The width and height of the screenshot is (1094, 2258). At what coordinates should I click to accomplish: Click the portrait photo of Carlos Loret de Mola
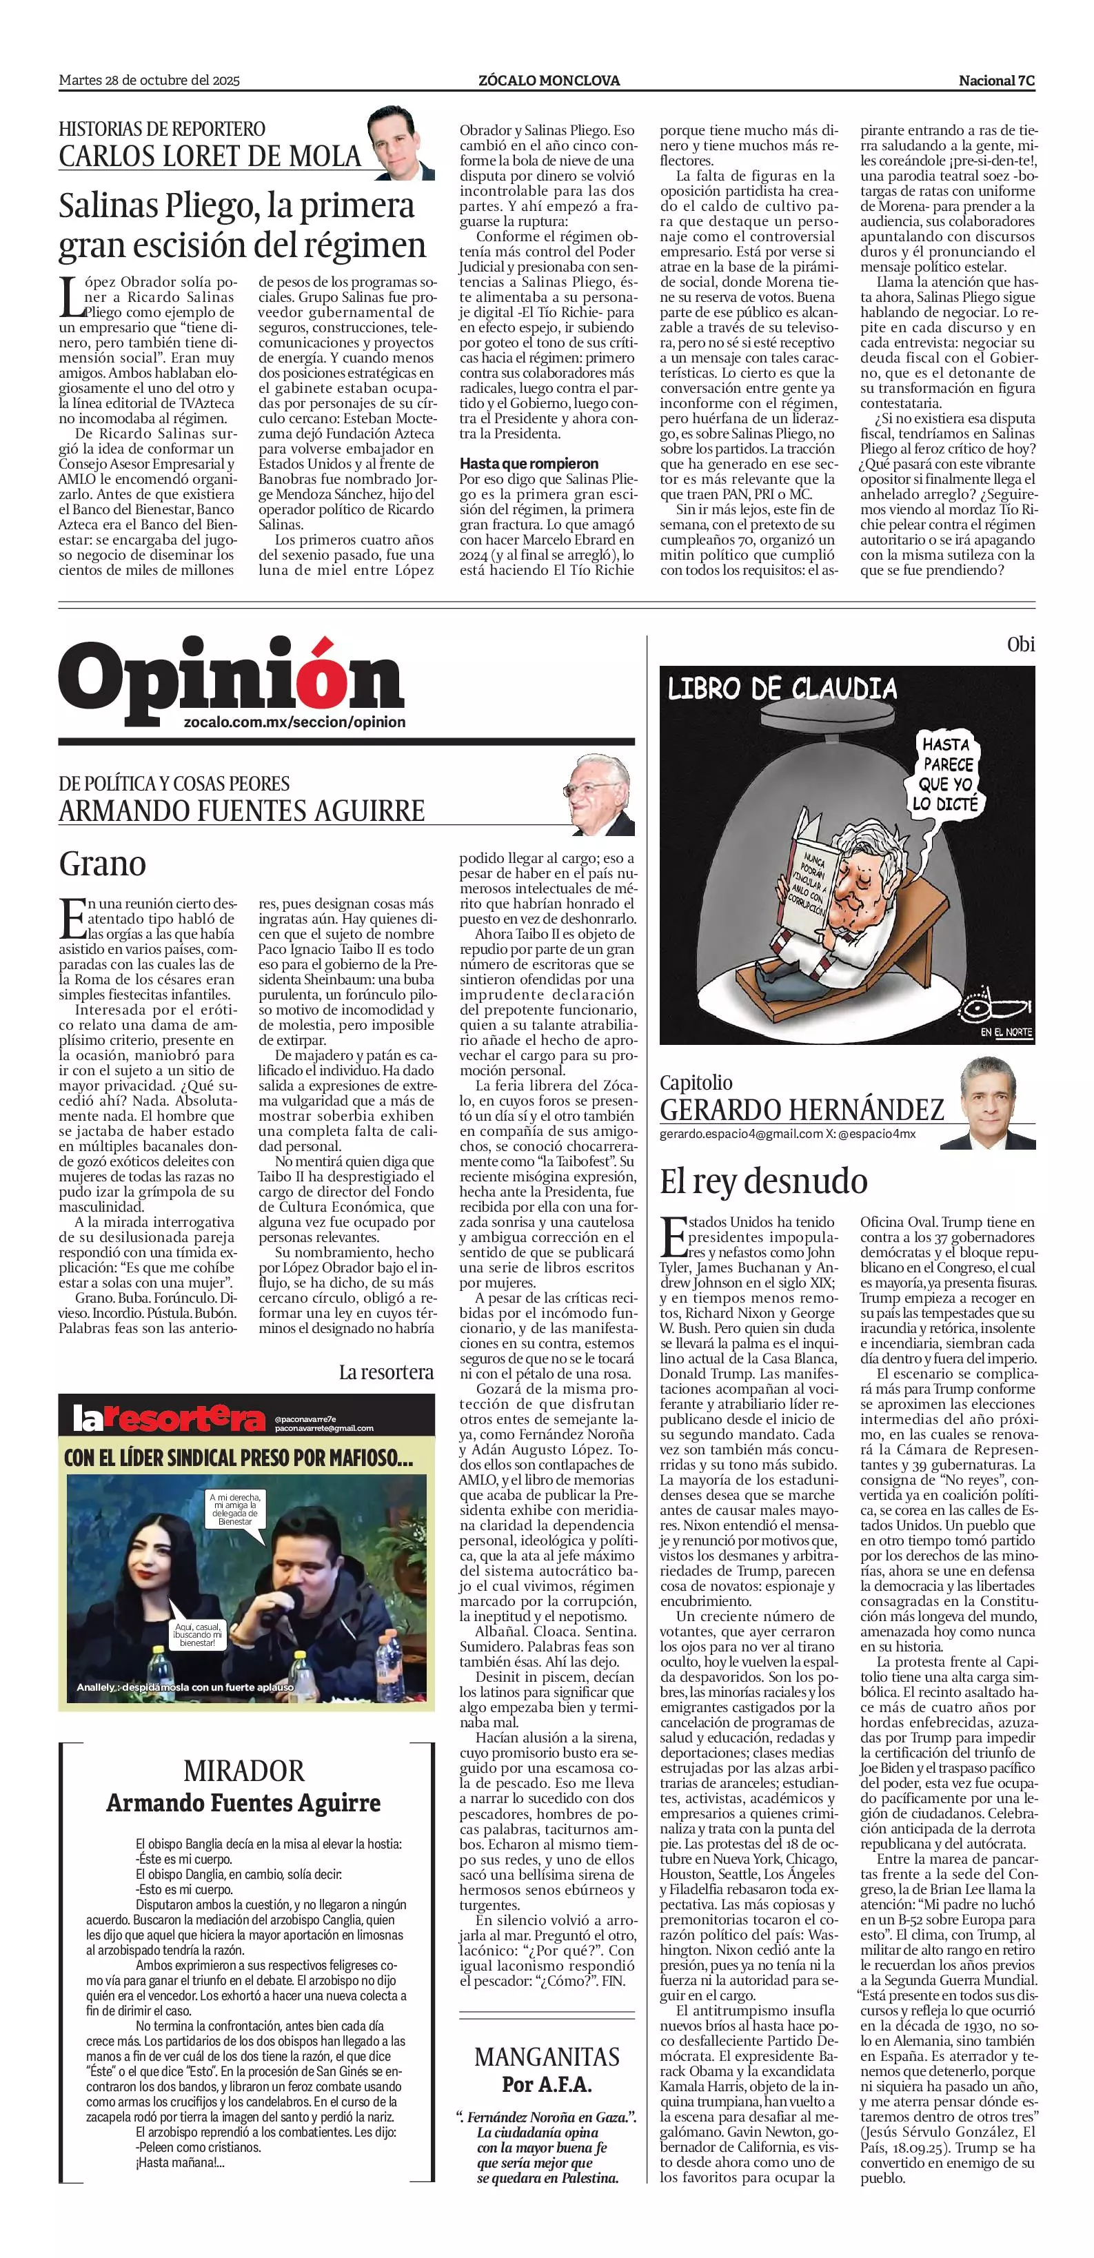[400, 143]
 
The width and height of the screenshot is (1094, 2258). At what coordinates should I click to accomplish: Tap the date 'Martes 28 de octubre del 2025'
[149, 81]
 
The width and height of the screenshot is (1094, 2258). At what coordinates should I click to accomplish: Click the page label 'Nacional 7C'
[996, 81]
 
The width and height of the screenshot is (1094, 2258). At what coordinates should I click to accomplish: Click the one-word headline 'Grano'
[103, 864]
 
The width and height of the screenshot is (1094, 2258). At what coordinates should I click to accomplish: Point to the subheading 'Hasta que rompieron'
[529, 462]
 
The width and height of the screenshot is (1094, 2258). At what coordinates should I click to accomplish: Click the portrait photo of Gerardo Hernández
[997, 1103]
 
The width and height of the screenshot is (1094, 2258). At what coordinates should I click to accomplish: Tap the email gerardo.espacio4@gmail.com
[741, 1135]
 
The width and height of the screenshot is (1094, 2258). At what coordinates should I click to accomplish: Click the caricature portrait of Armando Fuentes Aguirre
[600, 794]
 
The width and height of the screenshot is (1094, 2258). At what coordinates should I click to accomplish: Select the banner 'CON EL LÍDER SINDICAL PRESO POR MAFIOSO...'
[238, 1458]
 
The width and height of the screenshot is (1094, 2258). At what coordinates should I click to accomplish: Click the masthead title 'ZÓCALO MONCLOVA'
[549, 81]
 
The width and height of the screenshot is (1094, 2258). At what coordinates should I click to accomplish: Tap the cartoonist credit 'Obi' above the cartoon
[1020, 644]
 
